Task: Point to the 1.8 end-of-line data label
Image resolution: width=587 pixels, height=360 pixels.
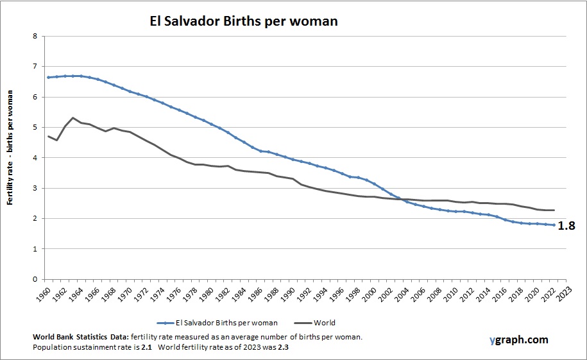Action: (566, 225)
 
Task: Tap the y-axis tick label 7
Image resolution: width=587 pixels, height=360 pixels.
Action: (34, 67)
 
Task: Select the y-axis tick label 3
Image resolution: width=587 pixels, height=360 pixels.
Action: (34, 188)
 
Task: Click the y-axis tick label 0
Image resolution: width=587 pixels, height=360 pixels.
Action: (34, 279)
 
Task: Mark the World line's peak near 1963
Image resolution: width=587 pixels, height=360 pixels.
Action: (72, 117)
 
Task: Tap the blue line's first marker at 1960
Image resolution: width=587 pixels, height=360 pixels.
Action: (48, 77)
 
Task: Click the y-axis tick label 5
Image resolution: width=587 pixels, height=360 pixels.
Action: (34, 127)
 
